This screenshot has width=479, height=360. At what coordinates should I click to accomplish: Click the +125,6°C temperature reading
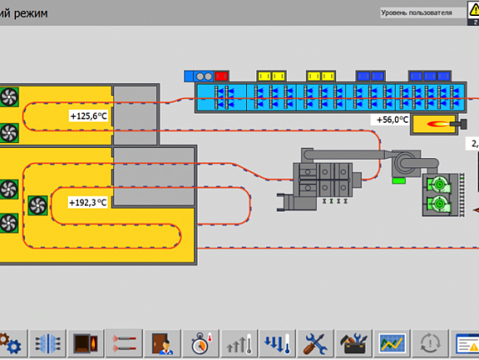click(88, 116)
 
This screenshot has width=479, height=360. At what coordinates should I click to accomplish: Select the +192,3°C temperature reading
click(88, 203)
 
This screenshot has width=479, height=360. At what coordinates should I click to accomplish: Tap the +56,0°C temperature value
click(392, 119)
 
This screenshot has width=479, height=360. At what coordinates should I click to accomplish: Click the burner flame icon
click(438, 124)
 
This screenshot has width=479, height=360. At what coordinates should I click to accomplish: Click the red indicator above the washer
click(222, 77)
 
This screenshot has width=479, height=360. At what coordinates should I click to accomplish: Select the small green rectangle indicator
click(399, 181)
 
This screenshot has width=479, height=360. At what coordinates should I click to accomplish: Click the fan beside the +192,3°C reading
click(38, 205)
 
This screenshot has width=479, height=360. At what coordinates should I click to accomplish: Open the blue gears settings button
click(10, 343)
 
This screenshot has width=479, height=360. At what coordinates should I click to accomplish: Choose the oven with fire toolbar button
click(87, 343)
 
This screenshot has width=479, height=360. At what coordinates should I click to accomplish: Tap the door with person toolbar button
click(162, 343)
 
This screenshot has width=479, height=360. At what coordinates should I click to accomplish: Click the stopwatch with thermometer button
click(201, 343)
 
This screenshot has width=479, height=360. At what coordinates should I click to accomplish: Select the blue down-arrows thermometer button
click(277, 343)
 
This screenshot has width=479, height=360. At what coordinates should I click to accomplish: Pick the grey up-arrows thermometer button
click(239, 343)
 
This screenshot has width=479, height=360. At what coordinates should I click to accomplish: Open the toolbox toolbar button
click(354, 343)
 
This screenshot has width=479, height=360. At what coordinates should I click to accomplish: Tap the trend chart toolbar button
click(392, 343)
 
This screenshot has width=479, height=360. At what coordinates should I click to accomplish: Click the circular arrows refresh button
click(430, 343)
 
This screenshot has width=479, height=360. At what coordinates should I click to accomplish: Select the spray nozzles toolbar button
click(124, 343)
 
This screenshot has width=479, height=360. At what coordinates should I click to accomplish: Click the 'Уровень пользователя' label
click(416, 13)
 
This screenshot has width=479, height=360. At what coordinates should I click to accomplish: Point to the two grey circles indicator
click(204, 77)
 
